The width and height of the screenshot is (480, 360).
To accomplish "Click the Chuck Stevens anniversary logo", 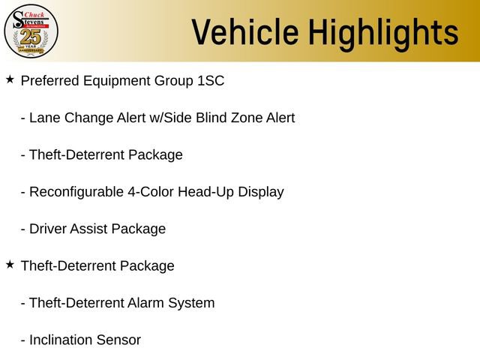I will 31,31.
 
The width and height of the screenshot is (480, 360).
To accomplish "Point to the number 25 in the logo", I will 31,35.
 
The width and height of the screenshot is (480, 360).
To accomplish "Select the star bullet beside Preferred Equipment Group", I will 10,79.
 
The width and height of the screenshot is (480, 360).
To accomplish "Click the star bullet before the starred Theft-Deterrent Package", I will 10,264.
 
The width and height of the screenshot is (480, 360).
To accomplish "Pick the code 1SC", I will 210,80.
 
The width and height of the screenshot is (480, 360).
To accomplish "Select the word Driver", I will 47,229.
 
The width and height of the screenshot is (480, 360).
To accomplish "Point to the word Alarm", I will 145,303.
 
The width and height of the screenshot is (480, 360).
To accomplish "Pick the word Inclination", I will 61,340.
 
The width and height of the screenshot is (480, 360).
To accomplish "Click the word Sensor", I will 119,340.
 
